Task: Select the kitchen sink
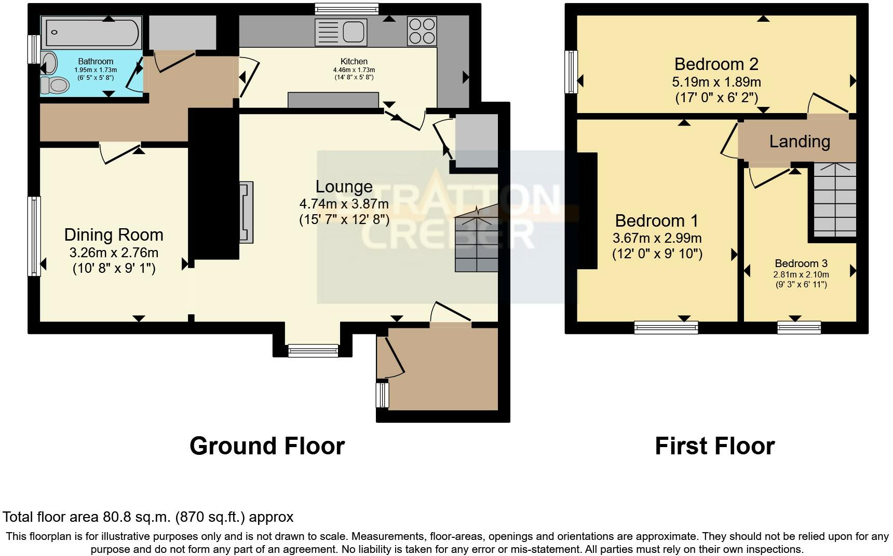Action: [x=341, y=32]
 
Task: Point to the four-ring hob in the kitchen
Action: [x=422, y=31]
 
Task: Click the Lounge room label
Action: [x=344, y=187]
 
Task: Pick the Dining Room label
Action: [x=114, y=235]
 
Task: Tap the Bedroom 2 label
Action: [x=716, y=64]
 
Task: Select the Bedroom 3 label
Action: [x=801, y=263]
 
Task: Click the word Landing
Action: [x=799, y=142]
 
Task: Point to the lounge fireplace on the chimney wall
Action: [x=246, y=212]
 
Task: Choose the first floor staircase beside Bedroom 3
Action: [x=834, y=200]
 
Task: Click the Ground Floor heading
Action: [x=267, y=446]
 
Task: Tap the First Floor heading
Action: [x=714, y=446]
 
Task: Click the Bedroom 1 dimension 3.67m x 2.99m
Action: [x=657, y=239]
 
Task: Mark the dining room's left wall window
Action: [x=34, y=236]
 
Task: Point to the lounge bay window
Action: [x=313, y=351]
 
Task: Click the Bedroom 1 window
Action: [x=666, y=327]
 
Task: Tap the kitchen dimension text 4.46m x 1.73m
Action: [x=354, y=70]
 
